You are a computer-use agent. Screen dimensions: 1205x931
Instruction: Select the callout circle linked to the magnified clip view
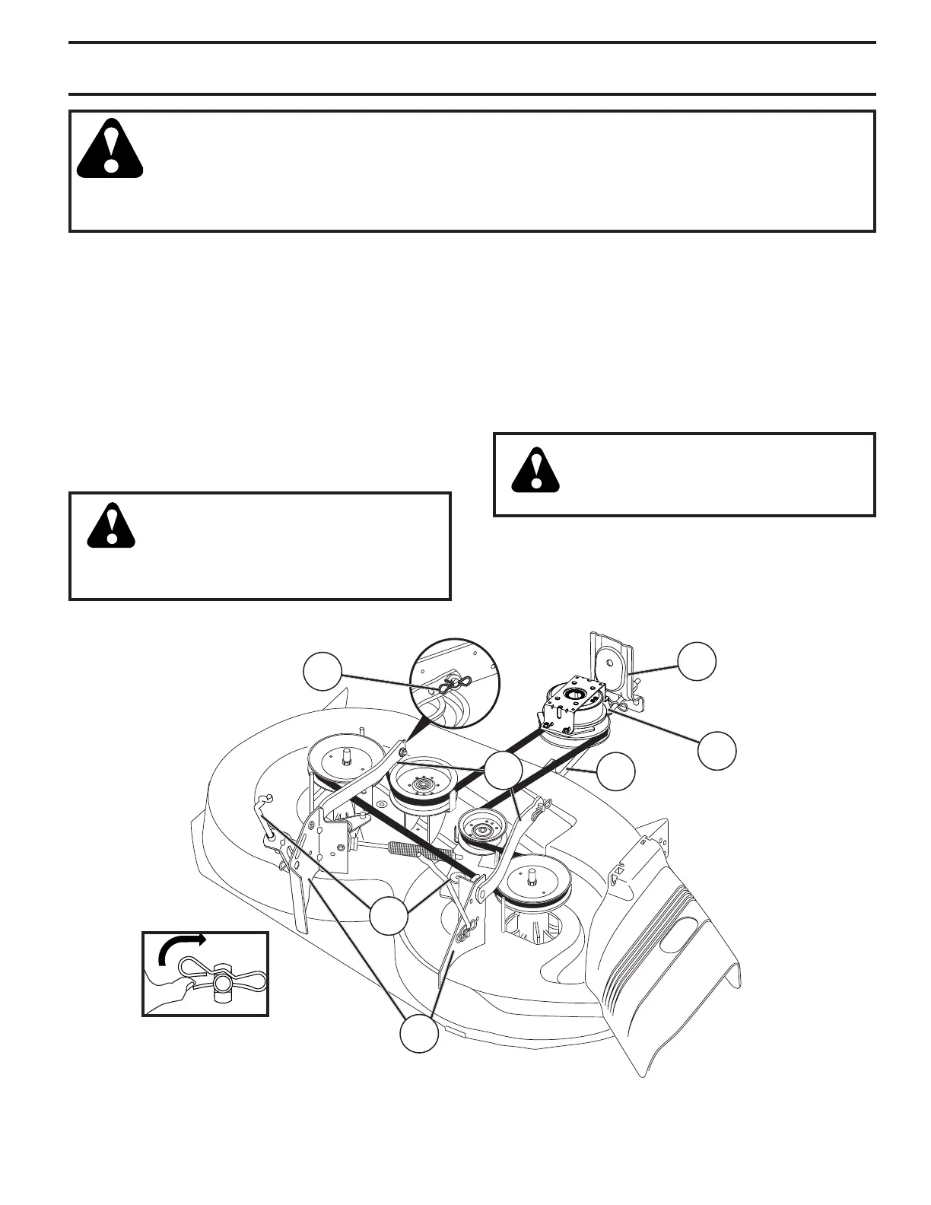(x=322, y=670)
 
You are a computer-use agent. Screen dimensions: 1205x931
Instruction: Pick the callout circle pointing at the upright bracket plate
(x=697, y=661)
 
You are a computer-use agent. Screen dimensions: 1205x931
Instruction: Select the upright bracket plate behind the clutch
(x=612, y=662)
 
